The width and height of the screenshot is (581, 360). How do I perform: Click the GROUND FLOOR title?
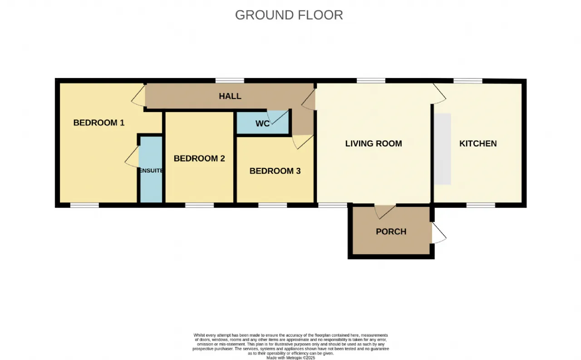tap(289, 15)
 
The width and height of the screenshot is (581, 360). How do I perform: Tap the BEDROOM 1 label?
tap(99, 123)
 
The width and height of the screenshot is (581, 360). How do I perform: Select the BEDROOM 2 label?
tap(199, 158)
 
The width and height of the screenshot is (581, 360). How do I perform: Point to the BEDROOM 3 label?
tap(275, 171)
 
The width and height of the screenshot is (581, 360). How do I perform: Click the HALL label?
tap(230, 96)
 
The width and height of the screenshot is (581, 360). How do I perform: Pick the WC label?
tap(262, 124)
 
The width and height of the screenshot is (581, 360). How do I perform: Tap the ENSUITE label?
tap(151, 170)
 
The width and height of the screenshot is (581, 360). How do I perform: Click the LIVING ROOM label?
tap(374, 143)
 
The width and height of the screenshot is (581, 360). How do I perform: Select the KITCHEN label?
tap(478, 143)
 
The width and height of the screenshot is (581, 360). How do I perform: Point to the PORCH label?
tap(391, 232)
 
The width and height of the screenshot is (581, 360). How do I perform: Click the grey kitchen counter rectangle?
tap(443, 149)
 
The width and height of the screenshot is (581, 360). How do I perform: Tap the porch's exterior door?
tap(439, 233)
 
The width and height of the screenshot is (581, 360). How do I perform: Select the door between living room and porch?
tap(385, 212)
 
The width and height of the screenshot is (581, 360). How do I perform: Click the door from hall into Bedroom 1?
tap(138, 96)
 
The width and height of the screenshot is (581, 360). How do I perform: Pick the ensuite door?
tap(132, 157)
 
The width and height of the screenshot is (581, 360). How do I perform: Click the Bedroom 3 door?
tap(303, 142)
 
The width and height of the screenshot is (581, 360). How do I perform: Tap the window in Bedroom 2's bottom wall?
tap(199, 205)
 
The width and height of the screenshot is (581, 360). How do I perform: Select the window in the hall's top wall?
tap(230, 81)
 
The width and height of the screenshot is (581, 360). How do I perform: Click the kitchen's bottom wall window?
tap(481, 205)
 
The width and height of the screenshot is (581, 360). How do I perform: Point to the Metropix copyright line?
tap(291, 358)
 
